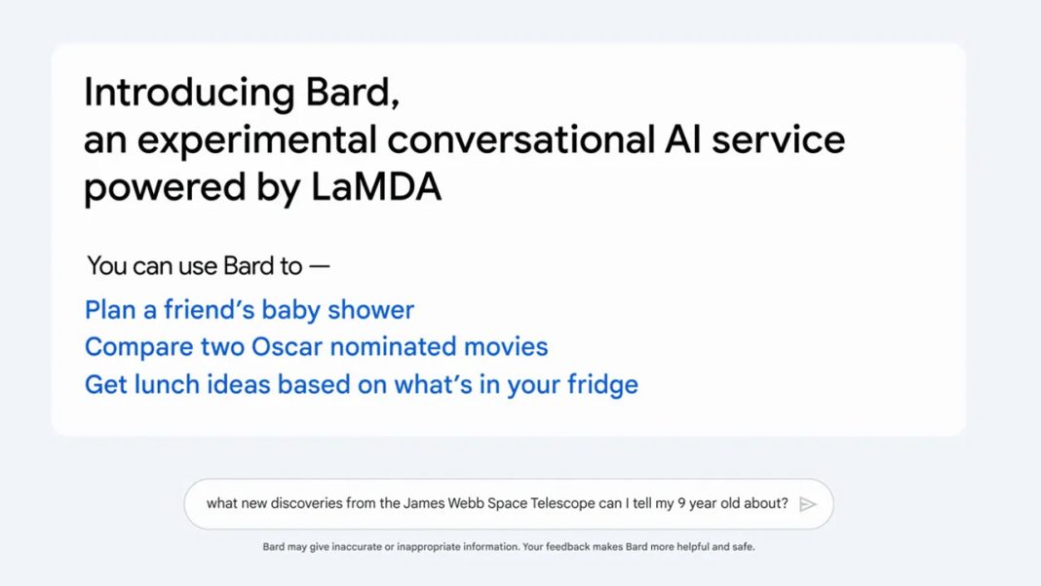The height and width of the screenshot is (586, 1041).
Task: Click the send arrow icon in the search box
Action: tap(807, 504)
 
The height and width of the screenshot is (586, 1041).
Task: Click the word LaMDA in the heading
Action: tap(376, 186)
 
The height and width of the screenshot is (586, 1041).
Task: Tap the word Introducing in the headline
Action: tap(189, 92)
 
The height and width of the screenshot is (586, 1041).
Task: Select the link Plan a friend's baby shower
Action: tap(250, 310)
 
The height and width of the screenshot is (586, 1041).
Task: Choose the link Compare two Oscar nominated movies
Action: tap(316, 347)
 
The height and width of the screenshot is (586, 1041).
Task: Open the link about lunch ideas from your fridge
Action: tap(362, 385)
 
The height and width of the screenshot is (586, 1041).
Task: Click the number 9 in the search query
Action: tap(681, 503)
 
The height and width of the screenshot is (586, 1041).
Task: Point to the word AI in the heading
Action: tap(682, 139)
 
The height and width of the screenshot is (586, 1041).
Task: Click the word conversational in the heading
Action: tap(521, 139)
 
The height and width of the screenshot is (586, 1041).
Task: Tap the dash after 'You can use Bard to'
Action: tap(320, 266)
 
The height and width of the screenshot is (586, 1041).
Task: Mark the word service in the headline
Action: tap(778, 139)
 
